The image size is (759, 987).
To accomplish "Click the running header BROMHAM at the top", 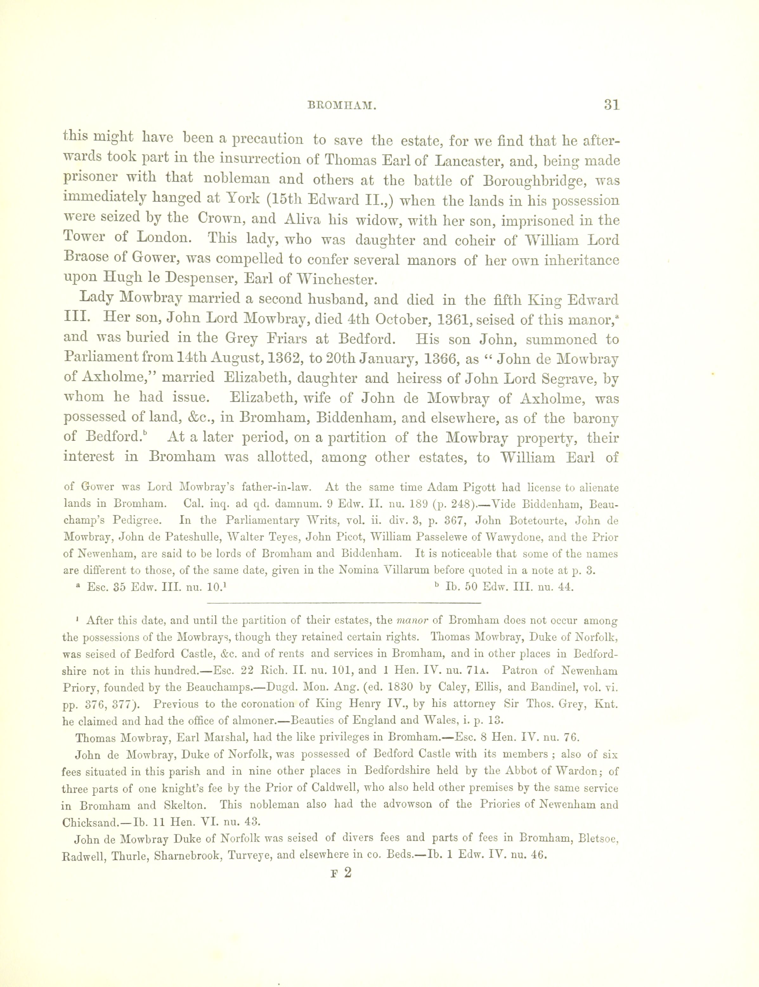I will click(x=342, y=106).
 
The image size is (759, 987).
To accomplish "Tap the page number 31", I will click(x=611, y=105).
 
